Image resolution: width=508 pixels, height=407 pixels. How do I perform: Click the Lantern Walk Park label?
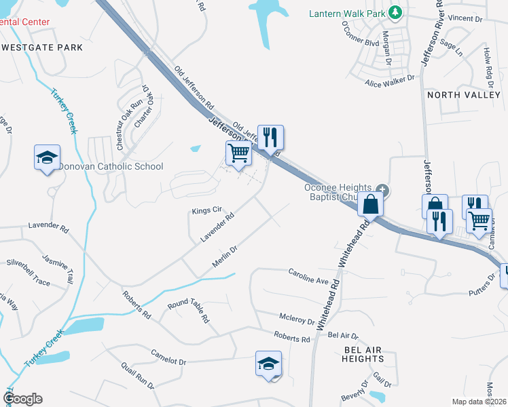(x=346, y=13)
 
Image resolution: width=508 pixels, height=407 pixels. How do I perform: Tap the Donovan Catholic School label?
(x=111, y=166)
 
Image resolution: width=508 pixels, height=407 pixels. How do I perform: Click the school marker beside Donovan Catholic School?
(x=48, y=158)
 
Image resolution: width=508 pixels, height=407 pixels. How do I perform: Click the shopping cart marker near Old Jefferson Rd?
(x=238, y=153)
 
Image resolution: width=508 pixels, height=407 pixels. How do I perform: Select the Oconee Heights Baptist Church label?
(x=338, y=193)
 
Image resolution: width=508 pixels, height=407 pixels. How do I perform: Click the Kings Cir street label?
(x=207, y=210)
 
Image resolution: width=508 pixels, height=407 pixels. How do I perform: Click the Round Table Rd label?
(x=188, y=313)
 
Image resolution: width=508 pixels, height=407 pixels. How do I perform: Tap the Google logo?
(x=22, y=399)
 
